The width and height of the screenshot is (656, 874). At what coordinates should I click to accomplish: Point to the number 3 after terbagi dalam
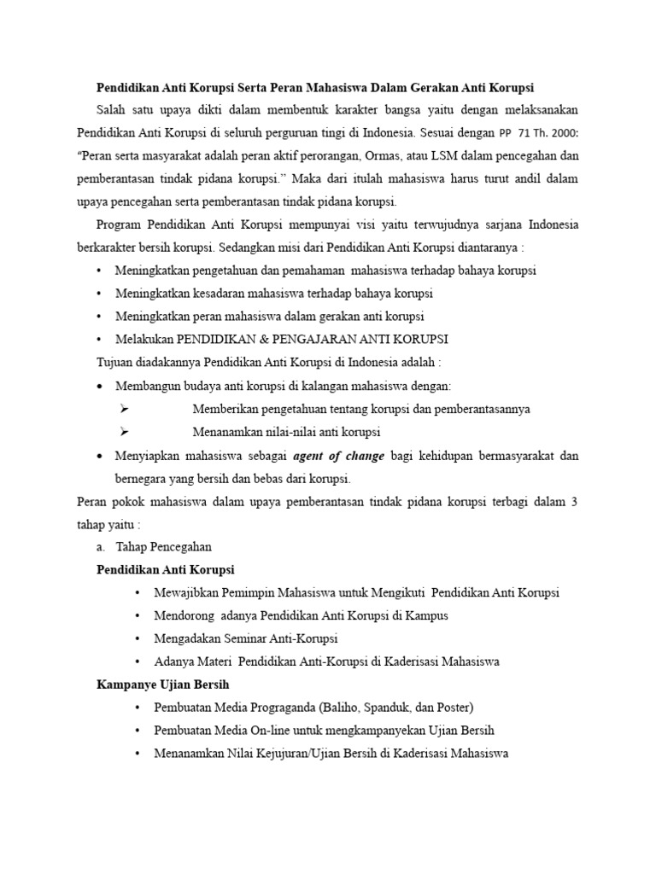(575, 501)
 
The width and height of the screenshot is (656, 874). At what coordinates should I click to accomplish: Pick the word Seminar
(243, 638)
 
